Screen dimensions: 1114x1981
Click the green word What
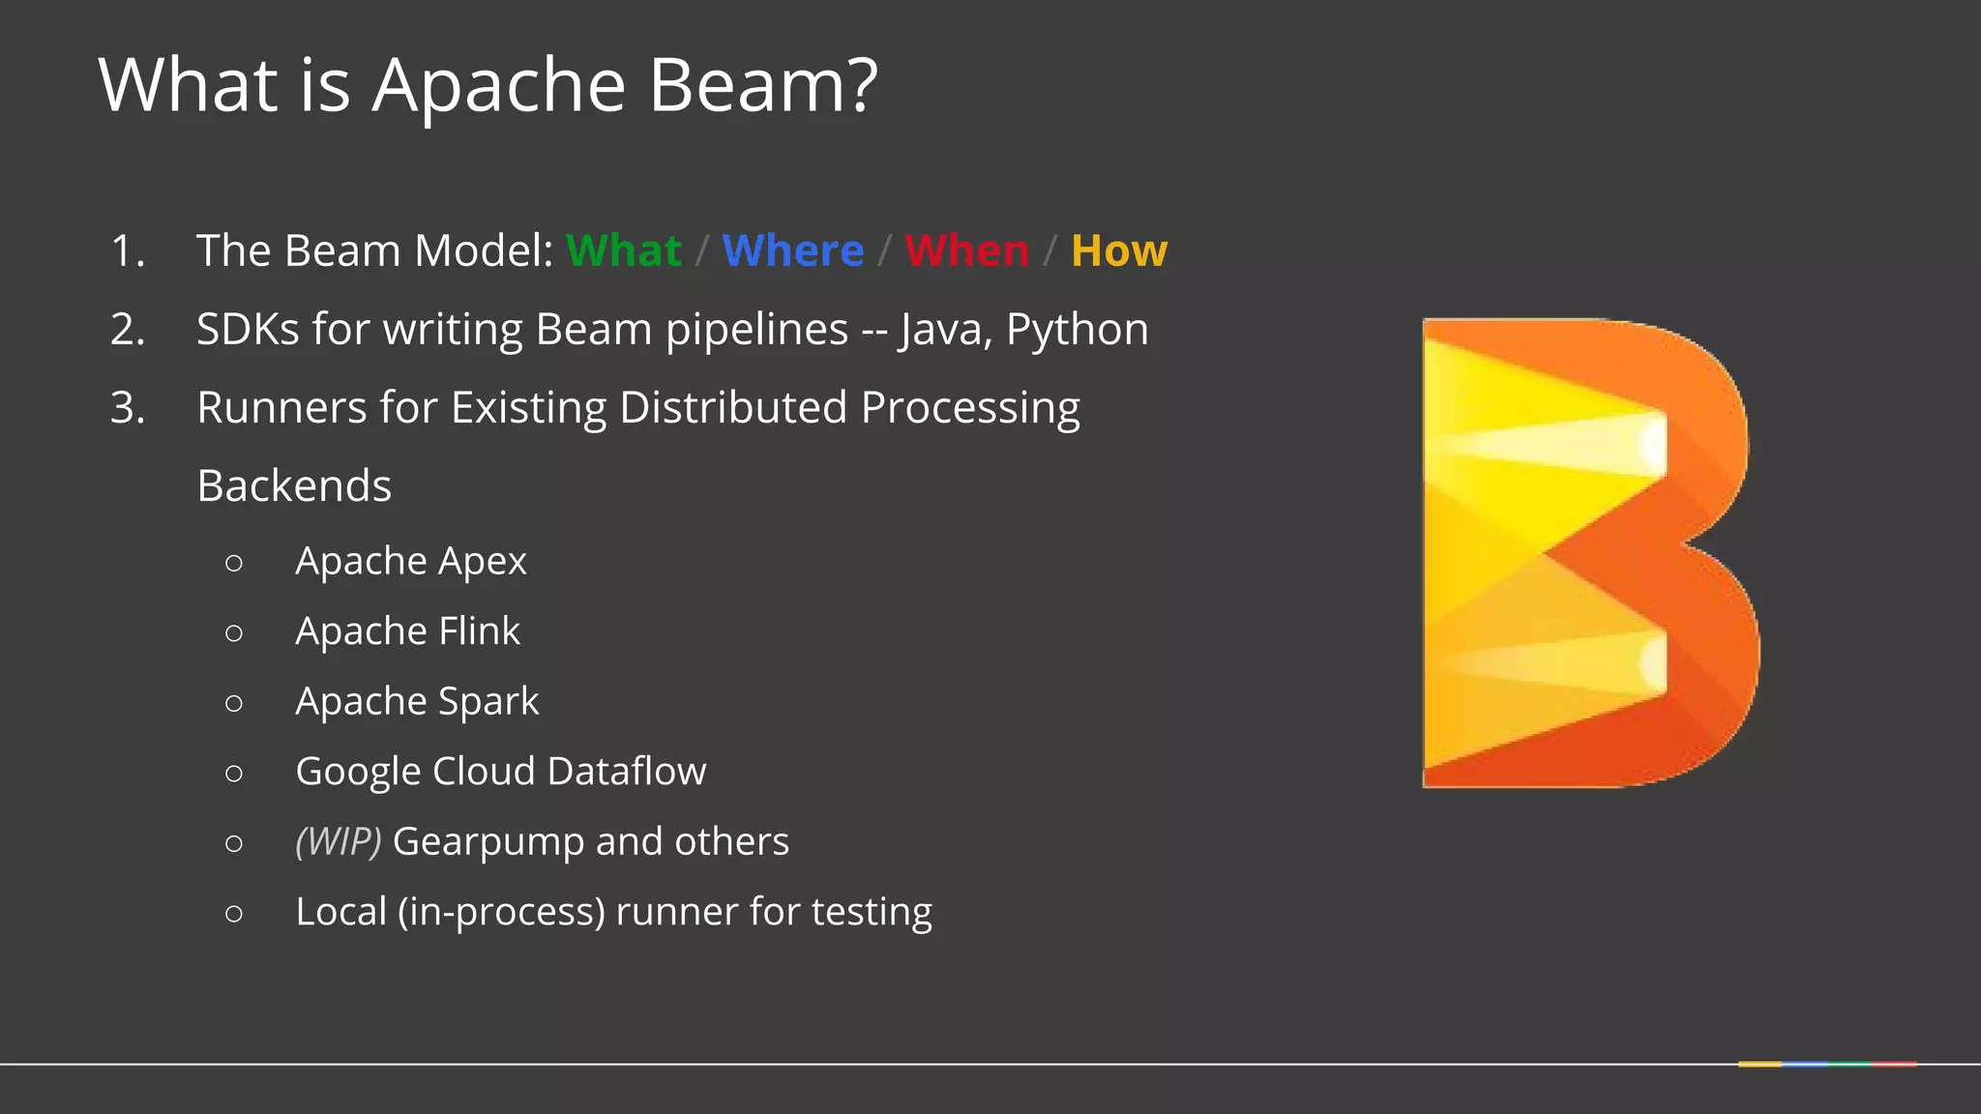coord(624,250)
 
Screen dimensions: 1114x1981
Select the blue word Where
coord(792,250)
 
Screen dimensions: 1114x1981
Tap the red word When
coord(966,250)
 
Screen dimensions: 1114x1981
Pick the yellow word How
coord(1119,250)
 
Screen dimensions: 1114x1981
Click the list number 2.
coord(127,330)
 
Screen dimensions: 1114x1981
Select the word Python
coord(1077,330)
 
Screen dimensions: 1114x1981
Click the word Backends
coord(294,485)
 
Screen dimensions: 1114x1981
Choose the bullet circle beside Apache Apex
coord(233,563)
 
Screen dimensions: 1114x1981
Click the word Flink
coord(479,630)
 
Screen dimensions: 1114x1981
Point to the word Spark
coord(488,701)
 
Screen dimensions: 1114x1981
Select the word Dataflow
coord(626,771)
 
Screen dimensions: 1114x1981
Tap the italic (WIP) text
coord(339,841)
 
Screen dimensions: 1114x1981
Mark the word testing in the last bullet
coord(872,912)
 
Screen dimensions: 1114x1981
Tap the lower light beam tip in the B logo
coord(1652,663)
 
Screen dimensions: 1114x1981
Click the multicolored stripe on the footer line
coord(1826,1064)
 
